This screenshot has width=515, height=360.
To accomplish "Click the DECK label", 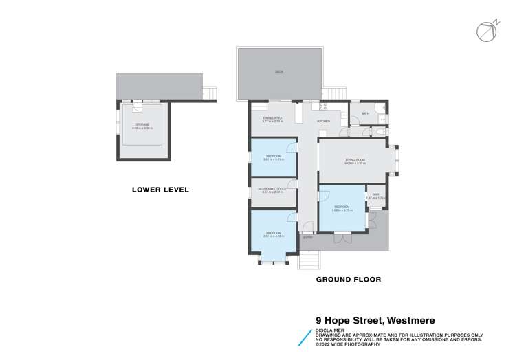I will coord(279,71).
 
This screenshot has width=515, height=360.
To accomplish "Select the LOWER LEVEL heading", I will coord(160,190).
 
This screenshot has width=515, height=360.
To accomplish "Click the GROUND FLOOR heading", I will coord(348,280).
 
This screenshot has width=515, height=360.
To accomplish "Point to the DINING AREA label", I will coord(273,119).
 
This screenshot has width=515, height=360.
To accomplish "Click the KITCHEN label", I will coord(323,121).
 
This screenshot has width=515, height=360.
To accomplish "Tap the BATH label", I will coord(365,113).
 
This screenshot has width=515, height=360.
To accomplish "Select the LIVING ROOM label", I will coord(355,159).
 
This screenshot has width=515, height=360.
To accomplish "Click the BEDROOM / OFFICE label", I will coord(273,189).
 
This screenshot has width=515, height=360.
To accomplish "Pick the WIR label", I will coord(376,195).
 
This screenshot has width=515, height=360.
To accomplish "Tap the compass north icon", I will coord(486,30).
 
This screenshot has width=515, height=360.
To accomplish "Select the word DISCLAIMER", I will coord(331,328).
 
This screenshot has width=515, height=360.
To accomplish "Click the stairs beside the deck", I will coord(334,93).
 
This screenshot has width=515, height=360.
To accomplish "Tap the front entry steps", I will coord(309,261).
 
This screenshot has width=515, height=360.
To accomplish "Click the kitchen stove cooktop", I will coord(322,106).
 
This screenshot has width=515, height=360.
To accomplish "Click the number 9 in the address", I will coord(319,319).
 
